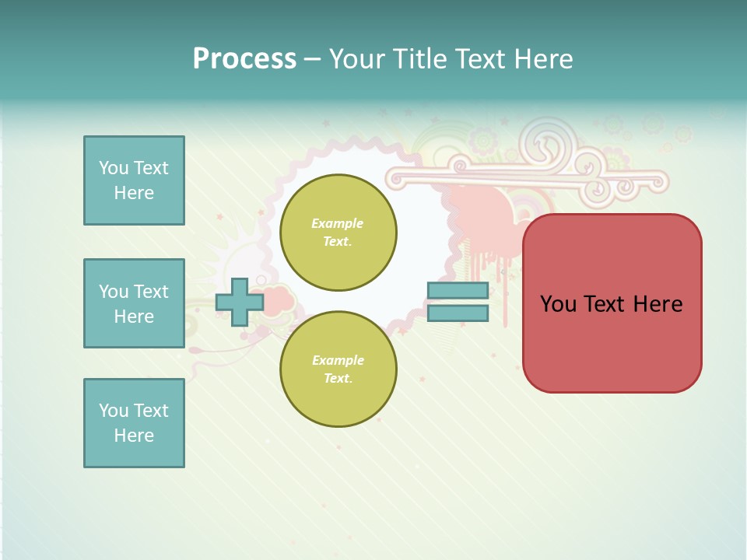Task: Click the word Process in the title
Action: (244, 58)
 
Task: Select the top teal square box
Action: (134, 180)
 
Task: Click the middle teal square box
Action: (134, 303)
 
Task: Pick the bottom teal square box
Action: (134, 423)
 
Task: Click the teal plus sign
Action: (239, 303)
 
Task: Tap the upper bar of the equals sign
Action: (458, 290)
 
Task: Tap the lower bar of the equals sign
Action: (458, 313)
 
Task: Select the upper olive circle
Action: (338, 233)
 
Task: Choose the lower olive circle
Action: (338, 369)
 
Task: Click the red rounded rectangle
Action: (612, 303)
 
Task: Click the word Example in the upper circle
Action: (338, 223)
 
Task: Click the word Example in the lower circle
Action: (338, 360)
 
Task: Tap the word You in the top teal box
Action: (114, 168)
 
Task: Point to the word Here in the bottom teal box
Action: (134, 436)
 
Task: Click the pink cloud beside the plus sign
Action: (277, 299)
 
